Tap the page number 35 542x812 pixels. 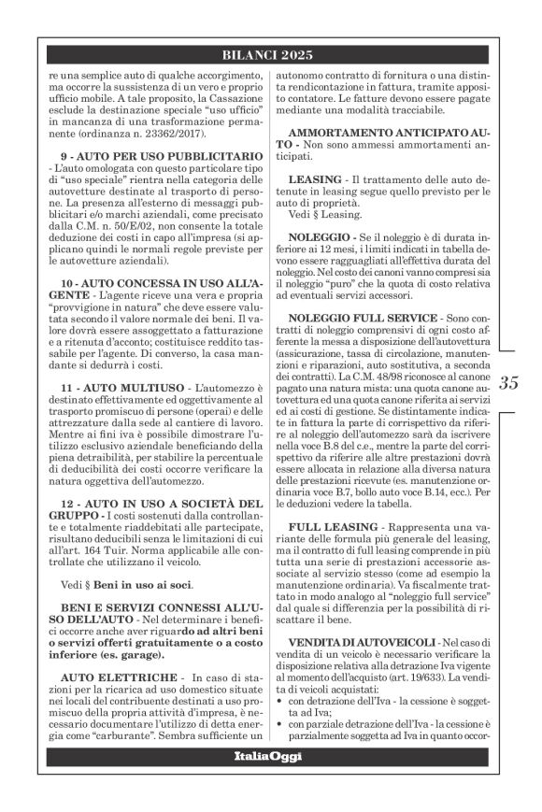click(509, 382)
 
